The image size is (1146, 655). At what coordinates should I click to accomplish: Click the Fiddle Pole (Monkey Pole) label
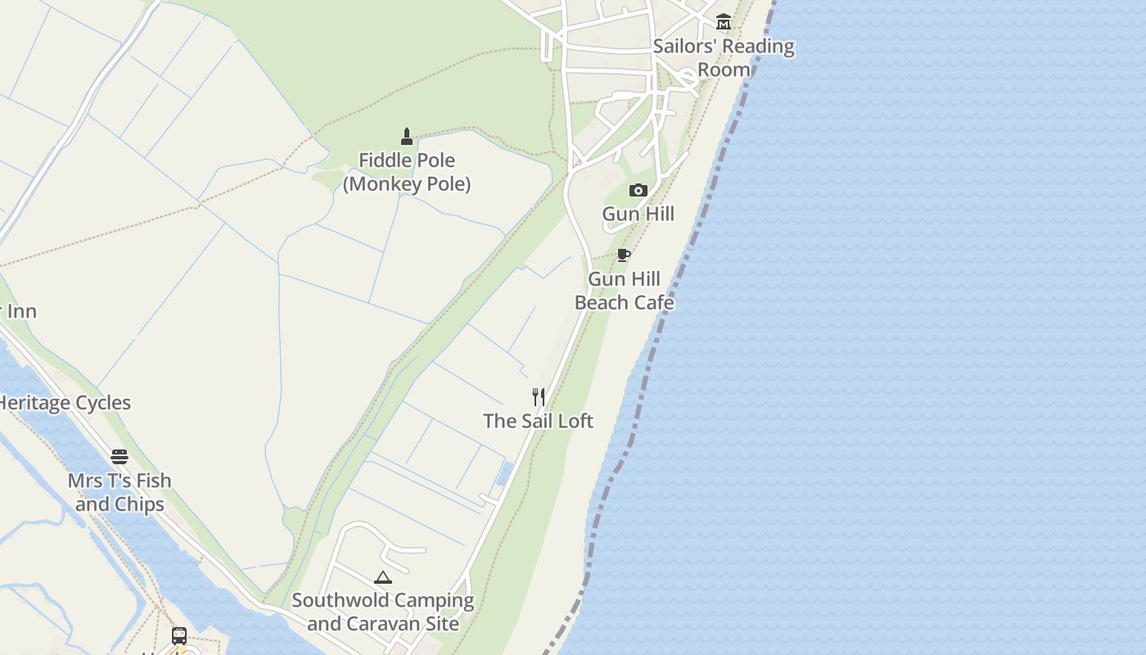[407, 172]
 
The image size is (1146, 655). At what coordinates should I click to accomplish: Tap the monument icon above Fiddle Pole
[407, 136]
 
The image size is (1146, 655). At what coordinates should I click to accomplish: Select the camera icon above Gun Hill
[638, 191]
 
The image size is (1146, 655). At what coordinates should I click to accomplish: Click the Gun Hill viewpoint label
[638, 214]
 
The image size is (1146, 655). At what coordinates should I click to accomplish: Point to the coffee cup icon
[624, 255]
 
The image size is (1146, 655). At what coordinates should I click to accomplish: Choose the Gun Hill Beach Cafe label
[624, 291]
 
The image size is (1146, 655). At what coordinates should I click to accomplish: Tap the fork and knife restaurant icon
[539, 397]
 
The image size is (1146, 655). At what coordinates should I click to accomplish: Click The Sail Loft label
[538, 421]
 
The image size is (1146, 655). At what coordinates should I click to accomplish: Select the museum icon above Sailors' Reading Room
[724, 21]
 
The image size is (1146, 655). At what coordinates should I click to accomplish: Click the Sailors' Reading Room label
[724, 57]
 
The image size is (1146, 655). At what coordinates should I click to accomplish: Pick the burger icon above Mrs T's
[120, 456]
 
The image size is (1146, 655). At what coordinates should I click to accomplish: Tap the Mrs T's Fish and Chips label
[120, 492]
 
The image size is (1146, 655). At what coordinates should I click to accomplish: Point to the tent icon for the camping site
[383, 577]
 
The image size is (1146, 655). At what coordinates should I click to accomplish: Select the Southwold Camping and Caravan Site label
[383, 612]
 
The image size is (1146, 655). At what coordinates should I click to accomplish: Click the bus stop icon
[178, 635]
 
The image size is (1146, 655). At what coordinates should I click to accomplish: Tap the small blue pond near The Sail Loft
[504, 474]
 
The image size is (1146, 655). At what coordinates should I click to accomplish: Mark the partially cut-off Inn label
[18, 311]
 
